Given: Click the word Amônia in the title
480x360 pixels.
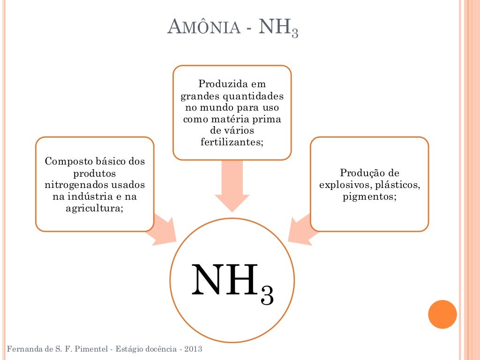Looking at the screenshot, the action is pos(205,30).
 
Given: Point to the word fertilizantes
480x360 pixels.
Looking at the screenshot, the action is pos(232,141).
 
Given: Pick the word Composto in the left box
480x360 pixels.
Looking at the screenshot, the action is pos(65,162).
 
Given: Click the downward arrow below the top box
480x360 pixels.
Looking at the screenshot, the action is pos(232,185).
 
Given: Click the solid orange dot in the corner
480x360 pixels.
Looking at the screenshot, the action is pos(442,314).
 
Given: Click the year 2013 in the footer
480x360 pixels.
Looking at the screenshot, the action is pos(193,350).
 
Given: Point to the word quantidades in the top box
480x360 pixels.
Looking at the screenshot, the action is pos(256,96).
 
